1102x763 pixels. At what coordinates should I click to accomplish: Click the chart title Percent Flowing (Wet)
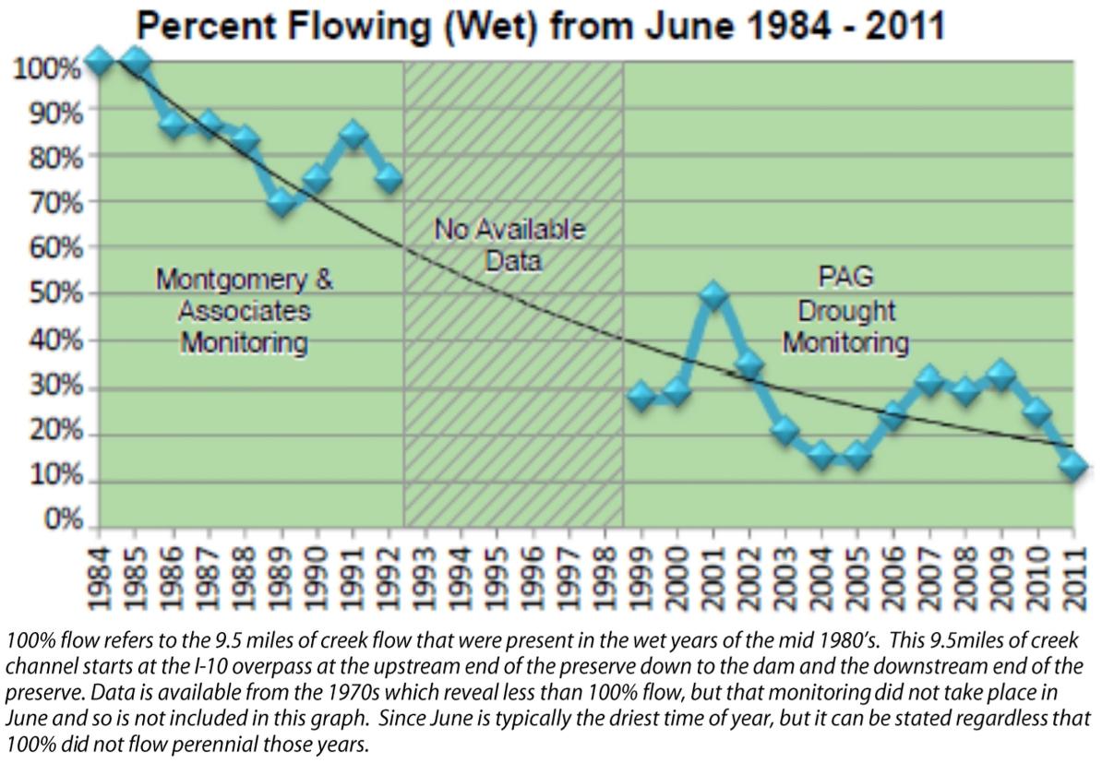541,27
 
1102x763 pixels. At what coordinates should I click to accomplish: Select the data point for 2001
713,296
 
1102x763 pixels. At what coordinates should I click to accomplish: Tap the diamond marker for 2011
1073,465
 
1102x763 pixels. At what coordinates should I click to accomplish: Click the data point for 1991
353,134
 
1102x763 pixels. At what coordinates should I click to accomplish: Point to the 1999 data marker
641,397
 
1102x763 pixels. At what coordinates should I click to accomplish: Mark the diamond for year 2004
821,455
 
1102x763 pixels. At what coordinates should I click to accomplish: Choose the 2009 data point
1001,376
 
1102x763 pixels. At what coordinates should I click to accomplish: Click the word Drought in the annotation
844,311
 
